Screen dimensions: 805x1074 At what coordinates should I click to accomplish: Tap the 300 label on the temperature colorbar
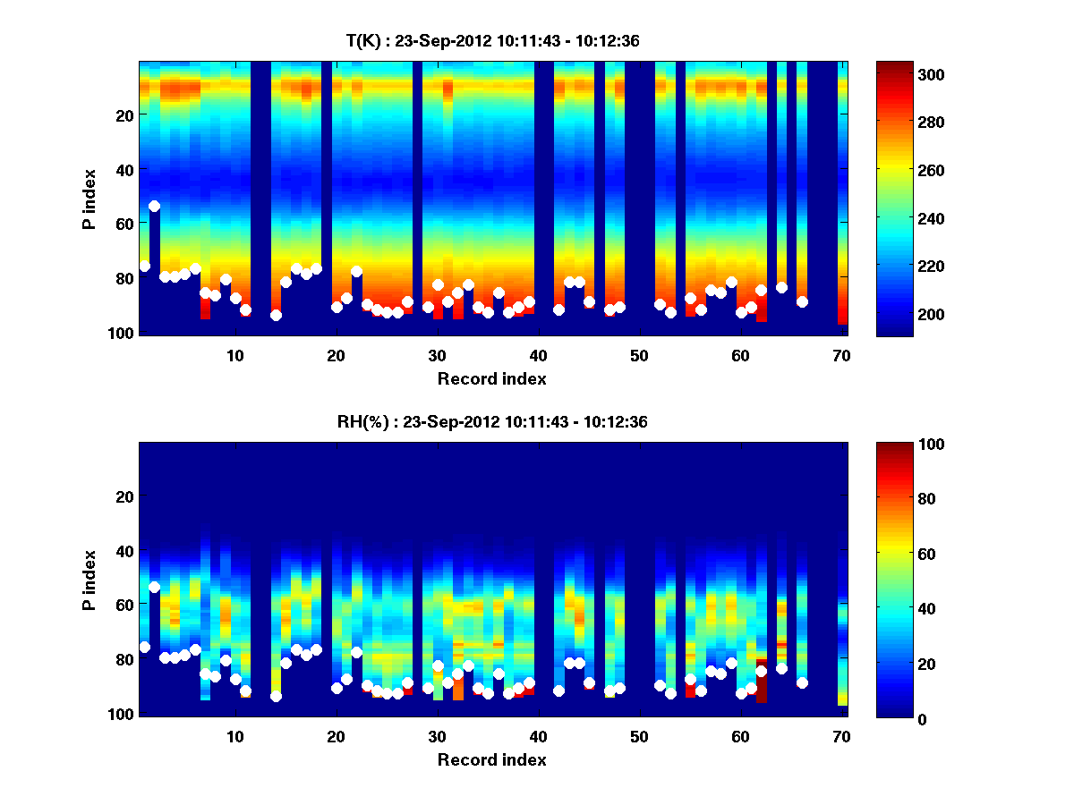900,74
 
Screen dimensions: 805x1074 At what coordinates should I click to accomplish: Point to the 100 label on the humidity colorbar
900,445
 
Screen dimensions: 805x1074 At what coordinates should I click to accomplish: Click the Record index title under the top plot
491,378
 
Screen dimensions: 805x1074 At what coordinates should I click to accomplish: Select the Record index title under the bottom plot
491,759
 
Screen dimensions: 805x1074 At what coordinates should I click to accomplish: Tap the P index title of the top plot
89,199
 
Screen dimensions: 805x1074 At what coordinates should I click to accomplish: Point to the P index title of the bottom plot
89,580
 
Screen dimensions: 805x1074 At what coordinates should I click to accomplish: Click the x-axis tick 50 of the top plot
639,355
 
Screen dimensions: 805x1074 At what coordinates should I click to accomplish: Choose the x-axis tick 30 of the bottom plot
437,736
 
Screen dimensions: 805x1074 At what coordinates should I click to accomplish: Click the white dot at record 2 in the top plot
154,206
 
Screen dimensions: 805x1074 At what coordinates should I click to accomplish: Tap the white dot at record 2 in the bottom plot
154,587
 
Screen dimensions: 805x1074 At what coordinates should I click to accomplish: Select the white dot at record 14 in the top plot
276,315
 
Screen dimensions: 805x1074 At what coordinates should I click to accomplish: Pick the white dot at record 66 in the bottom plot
802,682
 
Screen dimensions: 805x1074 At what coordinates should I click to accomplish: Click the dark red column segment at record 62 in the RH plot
762,689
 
